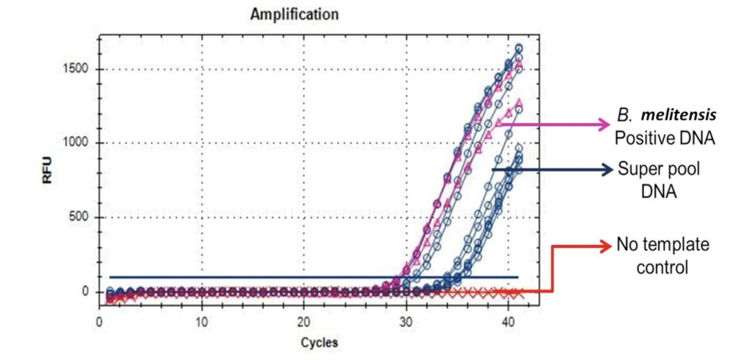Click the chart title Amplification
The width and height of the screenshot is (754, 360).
294,15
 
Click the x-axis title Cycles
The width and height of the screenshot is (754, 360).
319,343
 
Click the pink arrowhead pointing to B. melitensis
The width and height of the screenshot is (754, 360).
605,124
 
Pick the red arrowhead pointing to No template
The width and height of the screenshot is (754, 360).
606,246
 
